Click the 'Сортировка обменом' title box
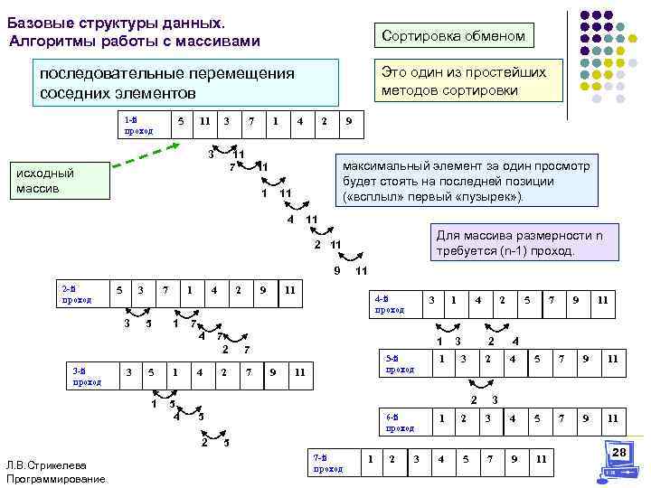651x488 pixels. (453, 35)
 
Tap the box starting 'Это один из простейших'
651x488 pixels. (464, 81)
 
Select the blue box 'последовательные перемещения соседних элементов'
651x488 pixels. (186, 83)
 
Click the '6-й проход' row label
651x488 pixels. (400, 422)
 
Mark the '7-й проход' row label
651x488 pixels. (327, 463)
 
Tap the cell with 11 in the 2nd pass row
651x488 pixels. (288, 290)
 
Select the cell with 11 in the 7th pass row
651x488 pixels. (540, 459)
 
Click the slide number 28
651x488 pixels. (618, 452)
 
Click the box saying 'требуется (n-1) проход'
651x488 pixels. (514, 242)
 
